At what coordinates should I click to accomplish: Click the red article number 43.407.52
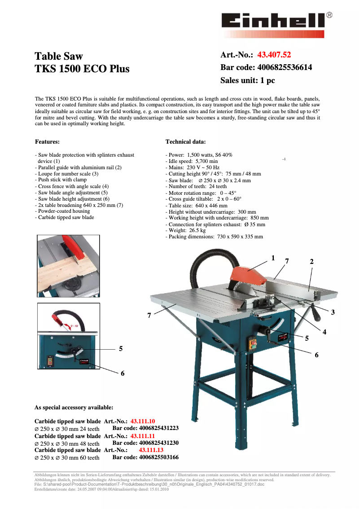[274, 55]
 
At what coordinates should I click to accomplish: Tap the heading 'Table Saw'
[59, 56]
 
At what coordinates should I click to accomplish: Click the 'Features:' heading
[47, 142]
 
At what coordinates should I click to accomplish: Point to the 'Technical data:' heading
[185, 142]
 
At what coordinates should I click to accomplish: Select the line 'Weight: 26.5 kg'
[187, 230]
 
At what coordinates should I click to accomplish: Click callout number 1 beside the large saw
[272, 258]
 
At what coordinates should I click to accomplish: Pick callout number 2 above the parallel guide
[312, 261]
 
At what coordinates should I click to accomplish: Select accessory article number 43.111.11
[142, 436]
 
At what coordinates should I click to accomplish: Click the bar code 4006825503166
[145, 457]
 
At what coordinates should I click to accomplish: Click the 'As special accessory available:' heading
[74, 408]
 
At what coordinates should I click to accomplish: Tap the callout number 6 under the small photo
[123, 373]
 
